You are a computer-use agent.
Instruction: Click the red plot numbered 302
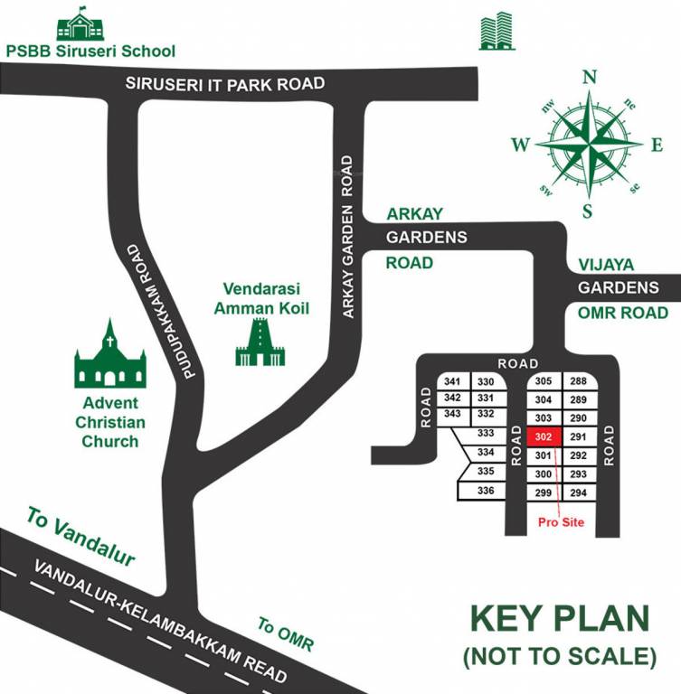tap(543, 436)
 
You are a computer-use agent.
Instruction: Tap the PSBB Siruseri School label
tap(90, 51)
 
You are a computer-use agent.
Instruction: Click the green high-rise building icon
tap(497, 32)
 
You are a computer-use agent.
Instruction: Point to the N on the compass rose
tap(590, 78)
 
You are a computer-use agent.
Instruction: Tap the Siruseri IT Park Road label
tap(224, 84)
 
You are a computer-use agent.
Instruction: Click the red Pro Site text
tap(561, 522)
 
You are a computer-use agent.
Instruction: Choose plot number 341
tap(453, 381)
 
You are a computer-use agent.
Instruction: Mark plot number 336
tap(486, 491)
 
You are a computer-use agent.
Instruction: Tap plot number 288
tap(579, 381)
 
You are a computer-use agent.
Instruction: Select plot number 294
tap(579, 492)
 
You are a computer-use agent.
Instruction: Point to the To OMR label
tap(285, 635)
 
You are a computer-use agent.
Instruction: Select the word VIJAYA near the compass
tap(607, 265)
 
